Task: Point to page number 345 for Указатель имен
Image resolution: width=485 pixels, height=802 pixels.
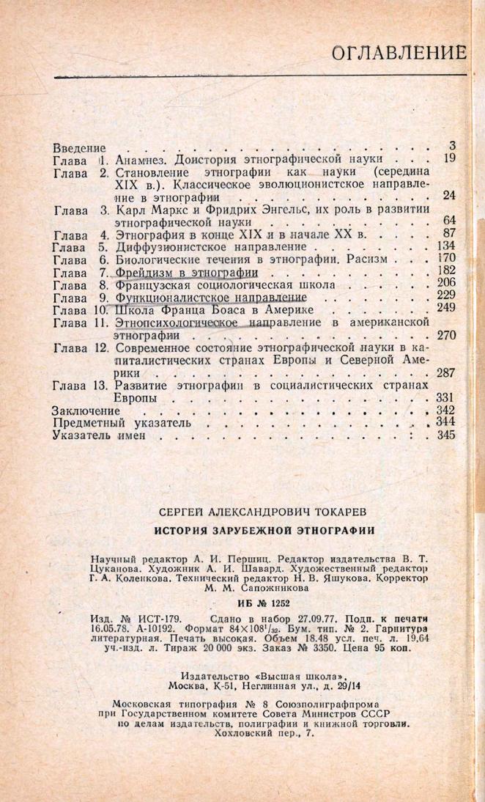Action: click(445, 435)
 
